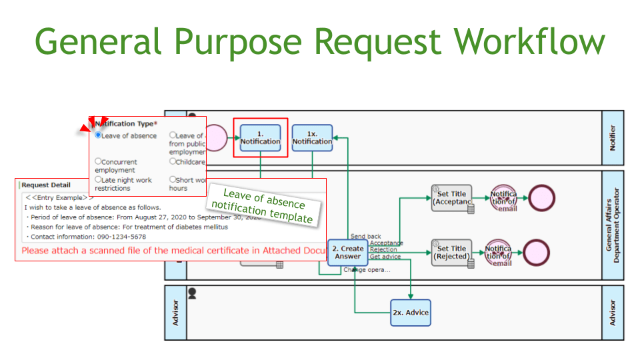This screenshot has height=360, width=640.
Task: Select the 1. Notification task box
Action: tap(260, 137)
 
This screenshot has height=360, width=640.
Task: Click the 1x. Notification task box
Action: tap(312, 137)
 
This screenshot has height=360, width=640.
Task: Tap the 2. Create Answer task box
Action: tap(347, 253)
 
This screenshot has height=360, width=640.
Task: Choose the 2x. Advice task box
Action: tap(411, 312)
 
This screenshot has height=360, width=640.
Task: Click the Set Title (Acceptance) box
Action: tap(452, 198)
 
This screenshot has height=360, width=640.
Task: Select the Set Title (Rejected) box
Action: tap(452, 253)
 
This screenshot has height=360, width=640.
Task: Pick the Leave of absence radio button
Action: tap(98, 135)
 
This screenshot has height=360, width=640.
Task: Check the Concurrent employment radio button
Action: tap(98, 161)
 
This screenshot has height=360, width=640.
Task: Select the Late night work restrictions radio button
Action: tap(98, 179)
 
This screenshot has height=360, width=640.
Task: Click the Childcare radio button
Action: tap(173, 161)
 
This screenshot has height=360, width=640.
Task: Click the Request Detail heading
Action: tap(46, 185)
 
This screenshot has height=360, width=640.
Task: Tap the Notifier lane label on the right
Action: tap(613, 137)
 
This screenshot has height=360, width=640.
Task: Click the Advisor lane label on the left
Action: tap(176, 312)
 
